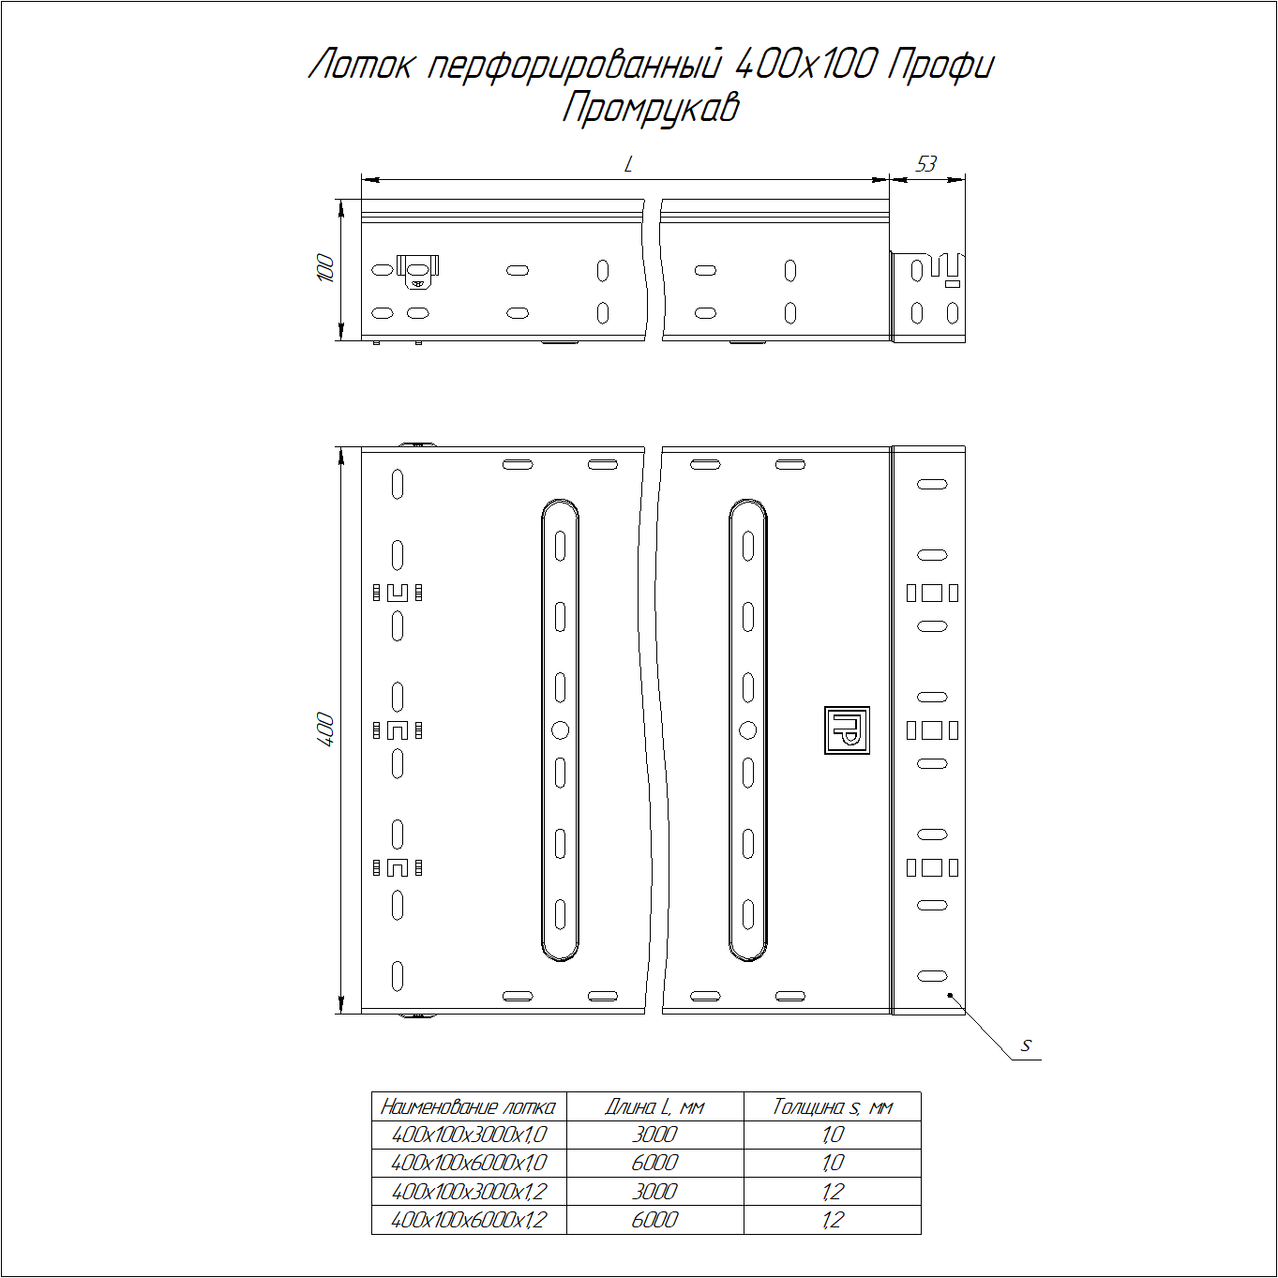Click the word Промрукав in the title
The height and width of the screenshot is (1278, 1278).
[x=651, y=108]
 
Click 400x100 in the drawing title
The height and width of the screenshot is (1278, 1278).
[x=805, y=64]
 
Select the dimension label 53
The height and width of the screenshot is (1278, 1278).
[x=926, y=164]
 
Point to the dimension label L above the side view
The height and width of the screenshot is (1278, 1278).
[x=628, y=165]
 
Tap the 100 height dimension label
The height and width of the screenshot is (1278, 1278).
[x=325, y=268]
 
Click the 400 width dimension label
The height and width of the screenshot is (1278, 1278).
[x=325, y=729]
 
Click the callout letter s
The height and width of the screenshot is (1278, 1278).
[x=1027, y=1045]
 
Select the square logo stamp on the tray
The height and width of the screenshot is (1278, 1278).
[x=847, y=730]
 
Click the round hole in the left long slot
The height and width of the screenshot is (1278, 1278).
[x=560, y=730]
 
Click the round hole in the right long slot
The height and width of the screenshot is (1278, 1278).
[x=747, y=730]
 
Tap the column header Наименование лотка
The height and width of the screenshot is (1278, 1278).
[x=468, y=1106]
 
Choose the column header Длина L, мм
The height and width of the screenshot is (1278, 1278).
[x=654, y=1106]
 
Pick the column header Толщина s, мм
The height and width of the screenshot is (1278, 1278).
[x=832, y=1106]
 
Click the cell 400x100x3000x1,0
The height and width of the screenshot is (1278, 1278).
[x=468, y=1135]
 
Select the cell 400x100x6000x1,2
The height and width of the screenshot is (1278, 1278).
[x=468, y=1220]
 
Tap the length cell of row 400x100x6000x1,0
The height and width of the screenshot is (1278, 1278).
[x=654, y=1163]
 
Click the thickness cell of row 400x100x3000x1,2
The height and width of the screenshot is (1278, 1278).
[x=832, y=1192]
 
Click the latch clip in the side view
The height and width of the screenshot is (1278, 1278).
[x=417, y=270]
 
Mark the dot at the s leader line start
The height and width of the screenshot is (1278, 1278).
[x=950, y=995]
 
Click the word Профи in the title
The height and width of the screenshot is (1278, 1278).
[x=940, y=64]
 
